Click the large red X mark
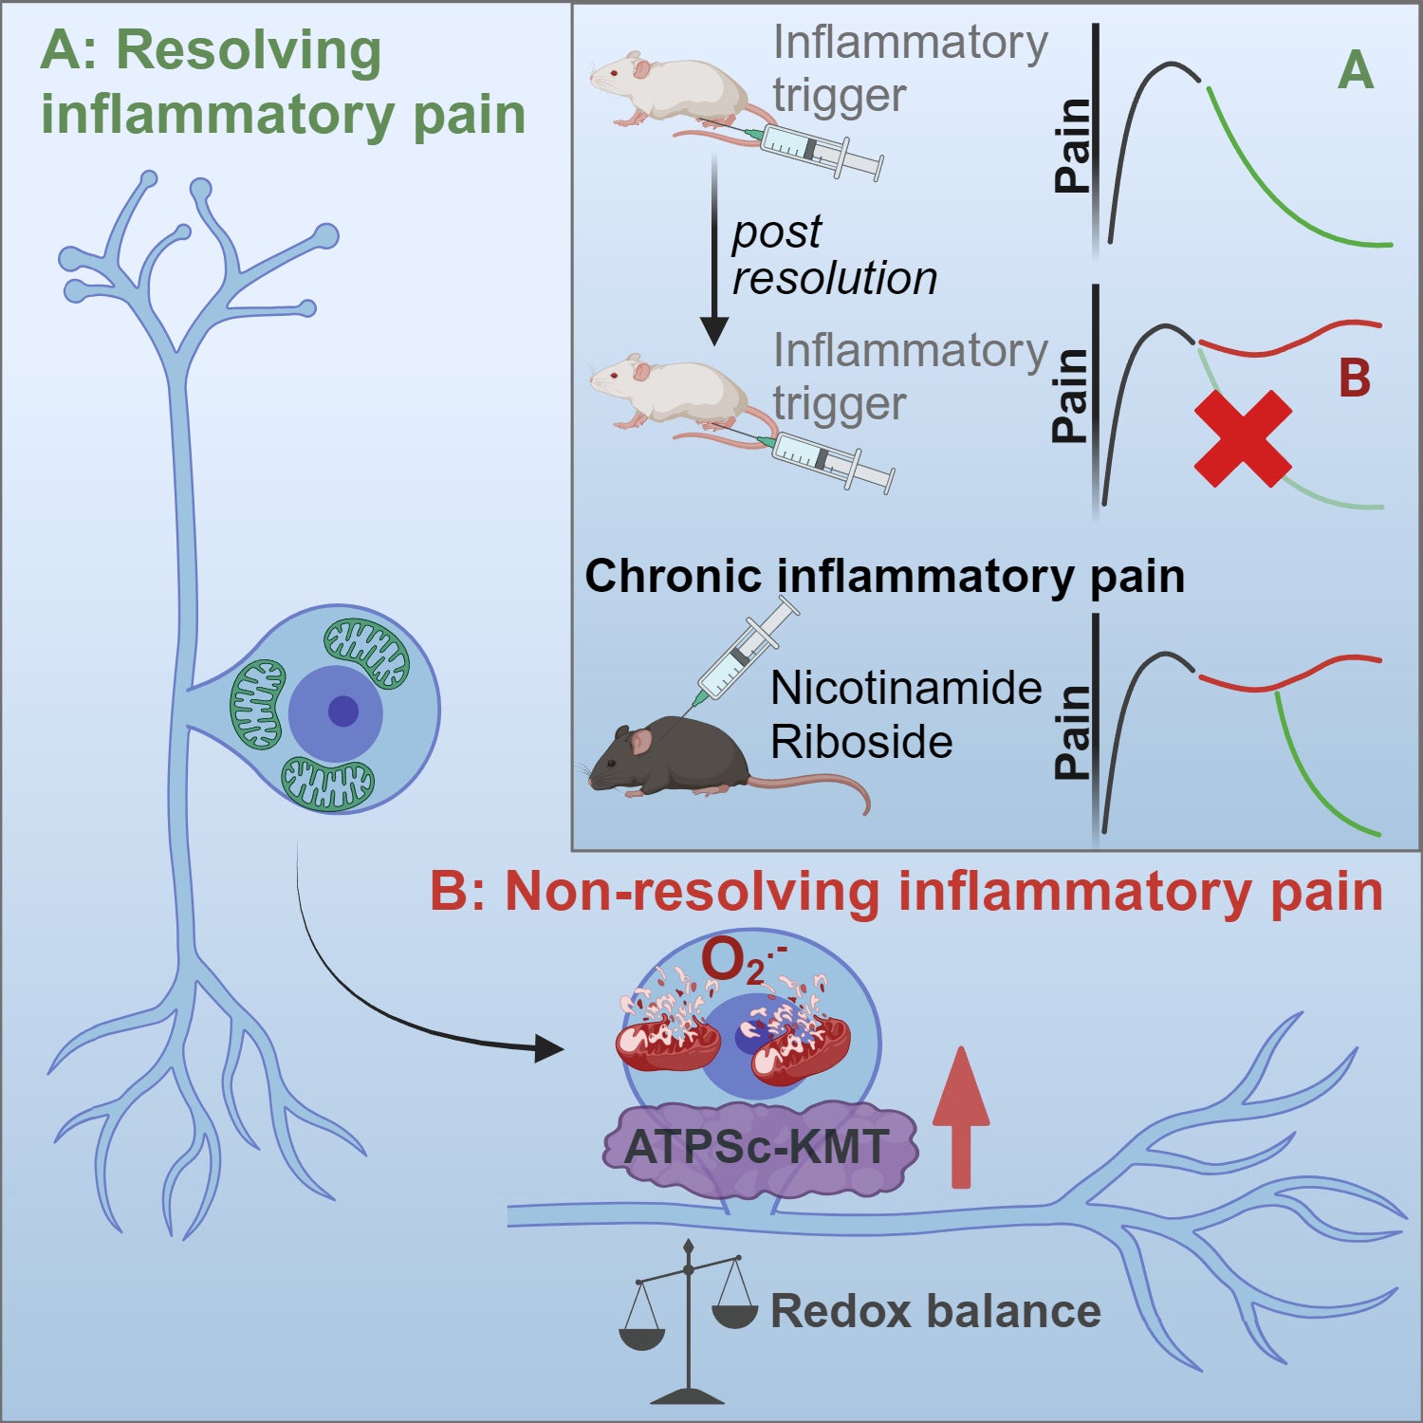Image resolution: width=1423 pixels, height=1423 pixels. click(1243, 439)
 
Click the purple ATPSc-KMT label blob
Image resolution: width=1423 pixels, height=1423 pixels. click(759, 1148)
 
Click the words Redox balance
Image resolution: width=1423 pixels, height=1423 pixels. click(935, 1311)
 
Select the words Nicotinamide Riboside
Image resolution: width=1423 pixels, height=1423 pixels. click(905, 714)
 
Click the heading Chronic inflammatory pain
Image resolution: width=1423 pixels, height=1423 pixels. click(884, 576)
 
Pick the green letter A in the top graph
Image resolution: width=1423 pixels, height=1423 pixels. click(1356, 71)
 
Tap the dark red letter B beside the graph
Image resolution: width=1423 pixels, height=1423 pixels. click(1354, 379)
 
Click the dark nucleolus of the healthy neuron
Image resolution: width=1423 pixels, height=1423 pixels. click(342, 711)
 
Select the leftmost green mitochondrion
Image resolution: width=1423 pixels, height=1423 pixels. click(257, 704)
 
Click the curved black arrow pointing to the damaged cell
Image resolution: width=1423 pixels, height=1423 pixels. click(379, 1006)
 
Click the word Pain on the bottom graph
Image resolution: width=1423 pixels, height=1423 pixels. click(1074, 733)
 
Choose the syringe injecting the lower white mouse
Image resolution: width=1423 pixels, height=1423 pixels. click(830, 461)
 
